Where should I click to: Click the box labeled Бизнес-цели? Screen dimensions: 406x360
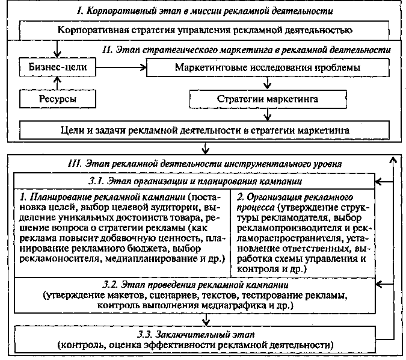pyautogui.click(x=58, y=67)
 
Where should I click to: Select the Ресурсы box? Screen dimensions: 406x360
pyautogui.click(x=58, y=99)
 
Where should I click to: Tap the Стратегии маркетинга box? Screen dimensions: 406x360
pyautogui.click(x=268, y=99)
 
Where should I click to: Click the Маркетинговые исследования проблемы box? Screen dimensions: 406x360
pyautogui.click(x=268, y=67)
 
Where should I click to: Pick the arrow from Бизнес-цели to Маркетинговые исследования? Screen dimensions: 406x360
pyautogui.click(x=121, y=67)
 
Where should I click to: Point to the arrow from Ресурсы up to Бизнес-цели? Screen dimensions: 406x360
pyautogui.click(x=58, y=83)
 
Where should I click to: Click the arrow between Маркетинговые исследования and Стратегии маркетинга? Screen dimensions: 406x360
pyautogui.click(x=268, y=83)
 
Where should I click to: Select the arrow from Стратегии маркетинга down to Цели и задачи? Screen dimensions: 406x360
pyautogui.click(x=268, y=114)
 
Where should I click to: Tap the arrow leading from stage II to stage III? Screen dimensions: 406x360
pyautogui.click(x=205, y=148)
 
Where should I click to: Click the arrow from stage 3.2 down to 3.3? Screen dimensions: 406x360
pyautogui.click(x=206, y=320)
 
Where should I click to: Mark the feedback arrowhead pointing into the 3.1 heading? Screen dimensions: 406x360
pyautogui.click(x=378, y=182)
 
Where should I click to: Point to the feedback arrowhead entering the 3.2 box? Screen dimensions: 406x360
pyautogui.click(x=378, y=284)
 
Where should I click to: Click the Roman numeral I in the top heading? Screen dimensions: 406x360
pyautogui.click(x=80, y=11)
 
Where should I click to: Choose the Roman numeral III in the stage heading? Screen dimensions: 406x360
pyautogui.click(x=75, y=164)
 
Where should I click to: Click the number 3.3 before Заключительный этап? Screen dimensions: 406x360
pyautogui.click(x=144, y=334)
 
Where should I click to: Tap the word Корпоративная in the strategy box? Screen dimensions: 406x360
pyautogui.click(x=93, y=30)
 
